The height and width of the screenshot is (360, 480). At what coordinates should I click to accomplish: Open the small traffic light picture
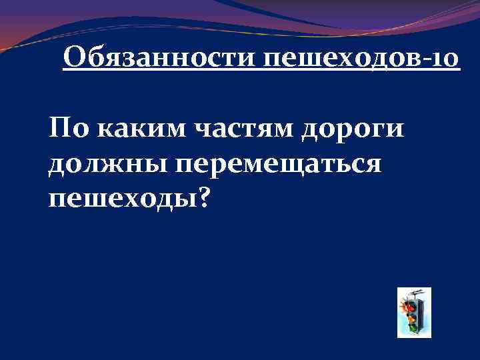point(413,312)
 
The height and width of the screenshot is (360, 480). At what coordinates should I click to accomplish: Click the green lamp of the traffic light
point(413,327)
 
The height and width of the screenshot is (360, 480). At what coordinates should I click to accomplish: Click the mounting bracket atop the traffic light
point(415,293)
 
